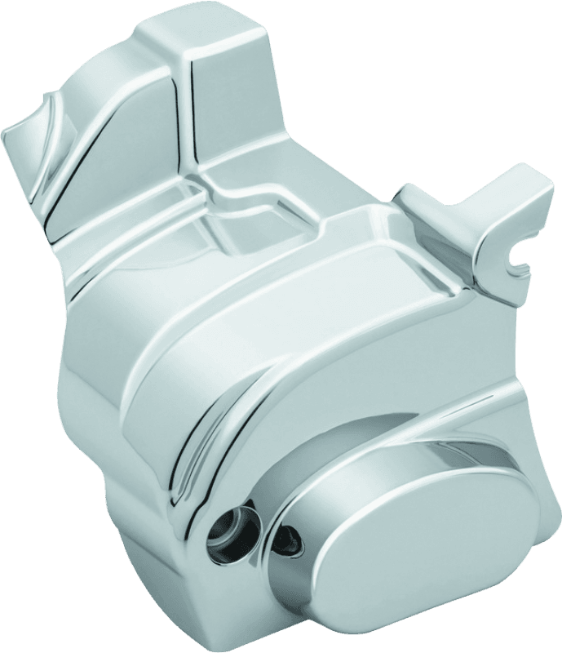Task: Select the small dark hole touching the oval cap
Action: [291, 535]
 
